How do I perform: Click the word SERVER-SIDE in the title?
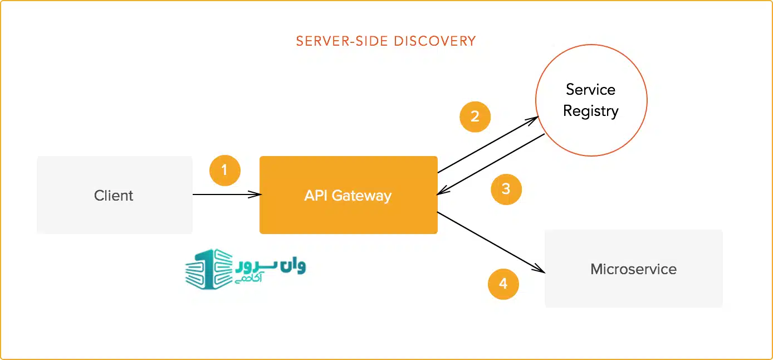(341, 41)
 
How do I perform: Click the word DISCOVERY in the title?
(435, 41)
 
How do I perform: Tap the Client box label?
(114, 196)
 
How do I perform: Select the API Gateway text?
(348, 196)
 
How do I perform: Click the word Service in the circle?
(590, 89)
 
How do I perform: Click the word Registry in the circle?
(590, 111)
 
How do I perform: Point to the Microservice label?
(633, 269)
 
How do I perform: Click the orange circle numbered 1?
(224, 171)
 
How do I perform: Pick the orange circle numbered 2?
(475, 116)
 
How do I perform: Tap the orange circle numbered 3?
(506, 189)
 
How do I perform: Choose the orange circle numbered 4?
(503, 284)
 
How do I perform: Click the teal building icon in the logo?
(209, 269)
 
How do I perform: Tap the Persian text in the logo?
(271, 271)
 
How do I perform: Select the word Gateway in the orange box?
(361, 196)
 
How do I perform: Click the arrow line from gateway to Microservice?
(491, 242)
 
